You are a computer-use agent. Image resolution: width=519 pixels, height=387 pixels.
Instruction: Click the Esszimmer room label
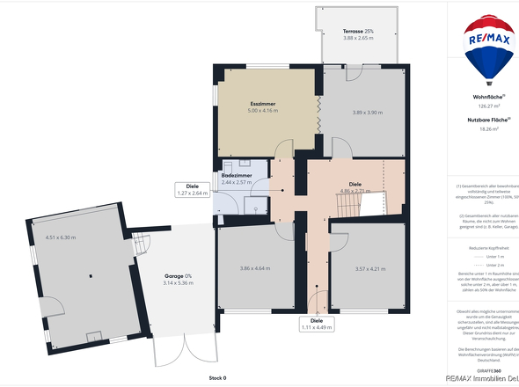coord(263,104)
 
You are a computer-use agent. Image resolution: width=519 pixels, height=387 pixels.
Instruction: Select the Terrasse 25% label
coord(358,32)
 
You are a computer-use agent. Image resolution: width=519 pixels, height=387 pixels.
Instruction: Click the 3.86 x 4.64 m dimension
coord(256,268)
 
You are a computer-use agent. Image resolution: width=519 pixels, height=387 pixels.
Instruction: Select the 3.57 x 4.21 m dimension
coord(366,268)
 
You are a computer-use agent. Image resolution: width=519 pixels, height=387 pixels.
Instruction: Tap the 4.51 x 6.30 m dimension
coord(61,237)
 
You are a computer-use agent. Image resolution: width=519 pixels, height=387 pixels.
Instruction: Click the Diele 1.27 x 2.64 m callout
coord(192,189)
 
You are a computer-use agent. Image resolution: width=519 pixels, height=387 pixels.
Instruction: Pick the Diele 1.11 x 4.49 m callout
coord(317,325)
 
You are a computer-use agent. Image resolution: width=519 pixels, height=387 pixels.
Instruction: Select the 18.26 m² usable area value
coord(483,129)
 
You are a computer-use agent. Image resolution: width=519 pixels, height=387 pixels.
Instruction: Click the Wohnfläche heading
coord(483,97)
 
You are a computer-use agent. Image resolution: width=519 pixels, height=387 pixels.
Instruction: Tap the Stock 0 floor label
coord(217,377)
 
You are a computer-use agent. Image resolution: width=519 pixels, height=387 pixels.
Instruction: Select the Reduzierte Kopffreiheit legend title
coord(483,249)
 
